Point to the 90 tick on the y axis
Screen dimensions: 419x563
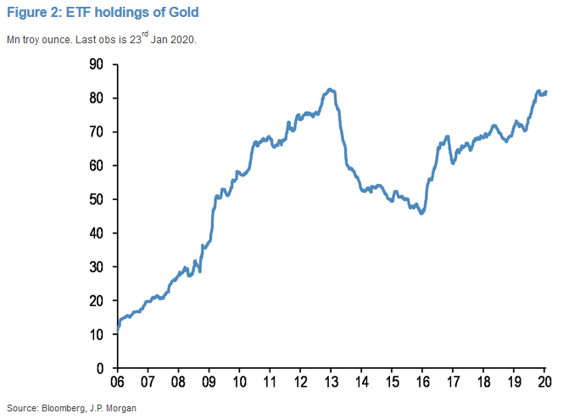click(96, 64)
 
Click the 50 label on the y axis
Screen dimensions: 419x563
click(96, 199)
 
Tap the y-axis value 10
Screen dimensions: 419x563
click(96, 335)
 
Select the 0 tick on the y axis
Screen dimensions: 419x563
click(100, 368)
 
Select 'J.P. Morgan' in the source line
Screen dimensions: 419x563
click(112, 407)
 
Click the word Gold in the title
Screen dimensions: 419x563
click(185, 13)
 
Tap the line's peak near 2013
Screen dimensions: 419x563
click(330, 89)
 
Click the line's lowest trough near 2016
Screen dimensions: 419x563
click(421, 213)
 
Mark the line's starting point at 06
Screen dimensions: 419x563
click(116, 329)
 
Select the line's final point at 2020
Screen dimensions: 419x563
click(546, 92)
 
